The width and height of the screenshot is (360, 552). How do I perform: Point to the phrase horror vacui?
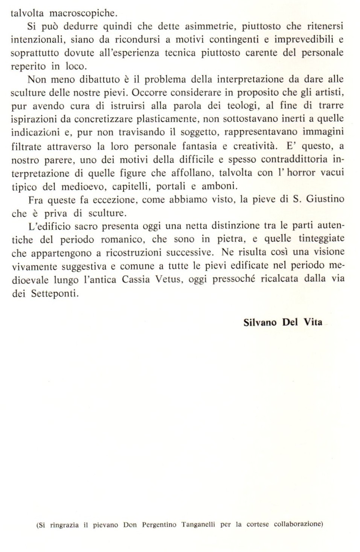click(318, 173)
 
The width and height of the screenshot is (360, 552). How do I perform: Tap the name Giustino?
click(325, 199)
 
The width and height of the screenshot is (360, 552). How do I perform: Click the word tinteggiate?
click(321, 239)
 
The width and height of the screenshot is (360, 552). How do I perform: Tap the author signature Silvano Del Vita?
click(283, 322)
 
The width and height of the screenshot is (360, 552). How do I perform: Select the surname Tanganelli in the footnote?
click(198, 524)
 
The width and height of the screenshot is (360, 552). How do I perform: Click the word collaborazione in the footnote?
click(298, 524)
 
